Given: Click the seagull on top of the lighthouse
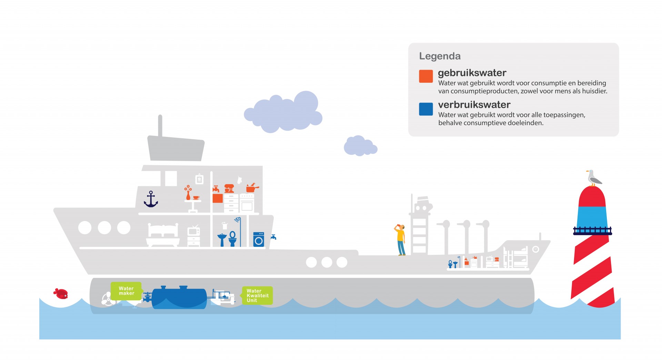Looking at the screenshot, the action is click(594, 178).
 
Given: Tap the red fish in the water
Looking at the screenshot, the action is click(61, 293).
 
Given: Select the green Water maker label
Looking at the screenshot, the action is click(127, 291).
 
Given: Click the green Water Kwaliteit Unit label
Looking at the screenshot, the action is click(257, 296).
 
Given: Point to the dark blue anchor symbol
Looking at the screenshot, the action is click(151, 199).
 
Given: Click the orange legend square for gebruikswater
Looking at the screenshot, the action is click(426, 76).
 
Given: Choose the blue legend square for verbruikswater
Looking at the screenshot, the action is click(426, 109).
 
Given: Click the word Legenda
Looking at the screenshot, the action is click(440, 56).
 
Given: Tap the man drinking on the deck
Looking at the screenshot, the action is click(400, 240).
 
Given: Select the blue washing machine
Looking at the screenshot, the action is click(259, 239).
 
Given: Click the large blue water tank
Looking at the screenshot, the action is click(179, 297).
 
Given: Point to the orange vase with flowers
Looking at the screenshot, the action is click(188, 192).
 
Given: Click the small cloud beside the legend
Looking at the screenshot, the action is click(360, 146).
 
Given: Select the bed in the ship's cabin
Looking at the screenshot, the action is click(163, 235).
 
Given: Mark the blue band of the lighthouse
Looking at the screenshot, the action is click(592, 217).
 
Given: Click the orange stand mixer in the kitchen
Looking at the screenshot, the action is click(229, 188).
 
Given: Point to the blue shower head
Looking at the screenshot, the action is click(237, 220).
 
